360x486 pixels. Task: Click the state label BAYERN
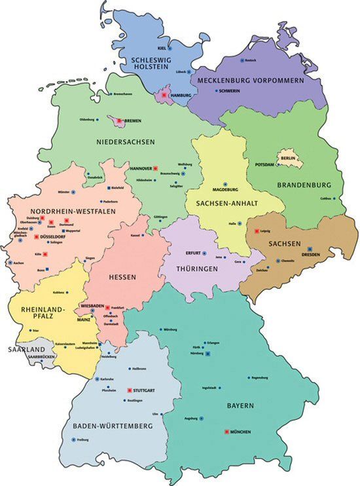click(x=240, y=407)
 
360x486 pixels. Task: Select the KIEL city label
click(x=162, y=48)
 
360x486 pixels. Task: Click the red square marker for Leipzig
click(x=256, y=231)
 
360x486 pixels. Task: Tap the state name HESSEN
click(x=122, y=277)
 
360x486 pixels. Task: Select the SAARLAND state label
click(x=26, y=350)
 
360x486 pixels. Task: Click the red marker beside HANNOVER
click(x=156, y=168)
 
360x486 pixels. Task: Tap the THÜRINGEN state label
click(x=196, y=269)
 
